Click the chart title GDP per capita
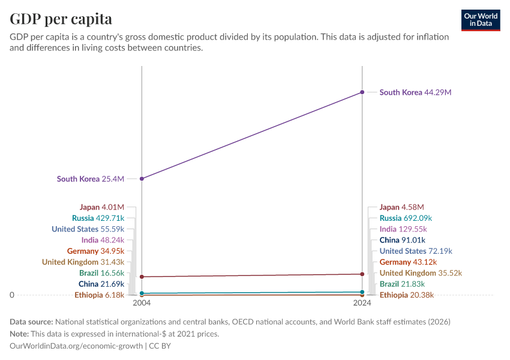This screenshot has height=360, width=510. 61,19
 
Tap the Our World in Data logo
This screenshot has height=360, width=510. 481,20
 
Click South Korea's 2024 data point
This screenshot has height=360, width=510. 362,92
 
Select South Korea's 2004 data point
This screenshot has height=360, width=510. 142,179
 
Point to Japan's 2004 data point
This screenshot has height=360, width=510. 142,277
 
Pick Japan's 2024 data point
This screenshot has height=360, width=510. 362,274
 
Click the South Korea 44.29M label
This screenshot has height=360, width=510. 415,92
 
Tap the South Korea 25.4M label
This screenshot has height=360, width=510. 90,179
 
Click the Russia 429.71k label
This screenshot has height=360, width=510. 98,218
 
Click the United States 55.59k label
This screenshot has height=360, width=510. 88,229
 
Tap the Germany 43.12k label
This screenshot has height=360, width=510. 408,262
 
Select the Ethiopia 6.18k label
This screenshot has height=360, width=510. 99,295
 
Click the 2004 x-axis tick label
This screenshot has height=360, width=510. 142,304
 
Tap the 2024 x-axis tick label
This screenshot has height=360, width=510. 362,304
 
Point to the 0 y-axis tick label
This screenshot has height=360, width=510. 12,295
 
